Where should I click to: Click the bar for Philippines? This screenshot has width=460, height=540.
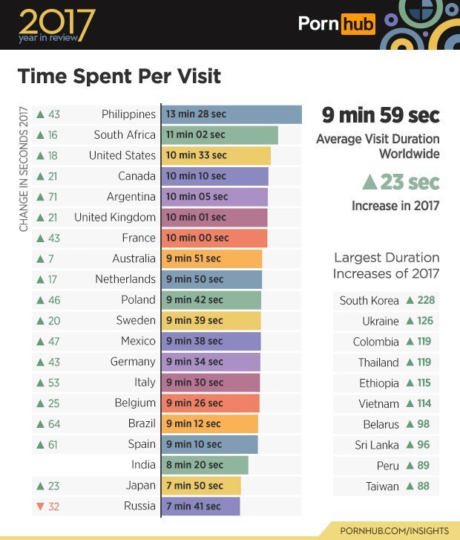pos(231,114)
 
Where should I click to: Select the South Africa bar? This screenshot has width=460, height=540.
pos(220,135)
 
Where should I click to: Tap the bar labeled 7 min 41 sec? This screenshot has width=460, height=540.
pos(200,507)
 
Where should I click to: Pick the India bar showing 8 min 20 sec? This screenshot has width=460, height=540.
pos(205,465)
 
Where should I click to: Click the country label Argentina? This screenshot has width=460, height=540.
pos(131,197)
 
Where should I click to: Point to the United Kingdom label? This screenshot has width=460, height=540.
pos(115,218)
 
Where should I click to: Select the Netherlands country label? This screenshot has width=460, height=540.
pos(125,279)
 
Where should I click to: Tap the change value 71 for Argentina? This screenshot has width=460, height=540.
pos(53,197)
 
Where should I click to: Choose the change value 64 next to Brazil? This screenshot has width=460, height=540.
pos(53,424)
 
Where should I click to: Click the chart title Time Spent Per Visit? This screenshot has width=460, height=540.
pos(119,77)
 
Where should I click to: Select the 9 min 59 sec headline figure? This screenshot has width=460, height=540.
pos(381,116)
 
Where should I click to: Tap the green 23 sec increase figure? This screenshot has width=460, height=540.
pos(400,182)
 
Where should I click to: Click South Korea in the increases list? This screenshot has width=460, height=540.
pos(369,301)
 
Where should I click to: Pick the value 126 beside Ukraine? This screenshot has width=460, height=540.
pos(426,322)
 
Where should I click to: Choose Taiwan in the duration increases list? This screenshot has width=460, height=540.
pos(382,487)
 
